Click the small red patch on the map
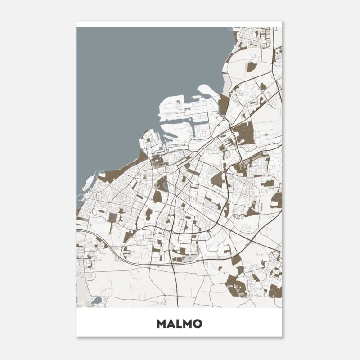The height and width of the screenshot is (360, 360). tap(220, 268)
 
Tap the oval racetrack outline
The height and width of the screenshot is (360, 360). tap(238, 217)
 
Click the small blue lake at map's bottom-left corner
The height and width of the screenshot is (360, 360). tap(96, 301)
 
